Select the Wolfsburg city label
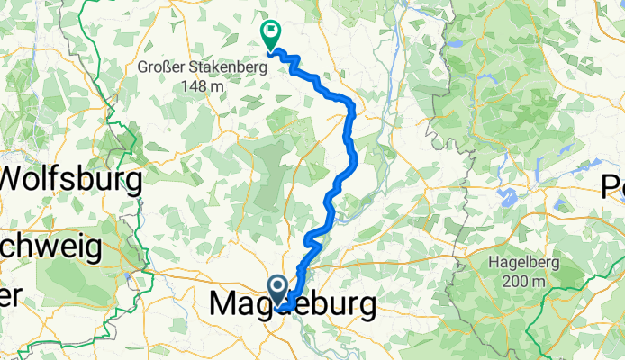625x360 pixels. pyautogui.click(x=72, y=181)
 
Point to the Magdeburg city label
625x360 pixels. pyautogui.click(x=293, y=305)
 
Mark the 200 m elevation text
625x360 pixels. pyautogui.click(x=519, y=281)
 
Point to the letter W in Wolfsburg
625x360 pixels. pyautogui.click(x=18, y=181)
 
